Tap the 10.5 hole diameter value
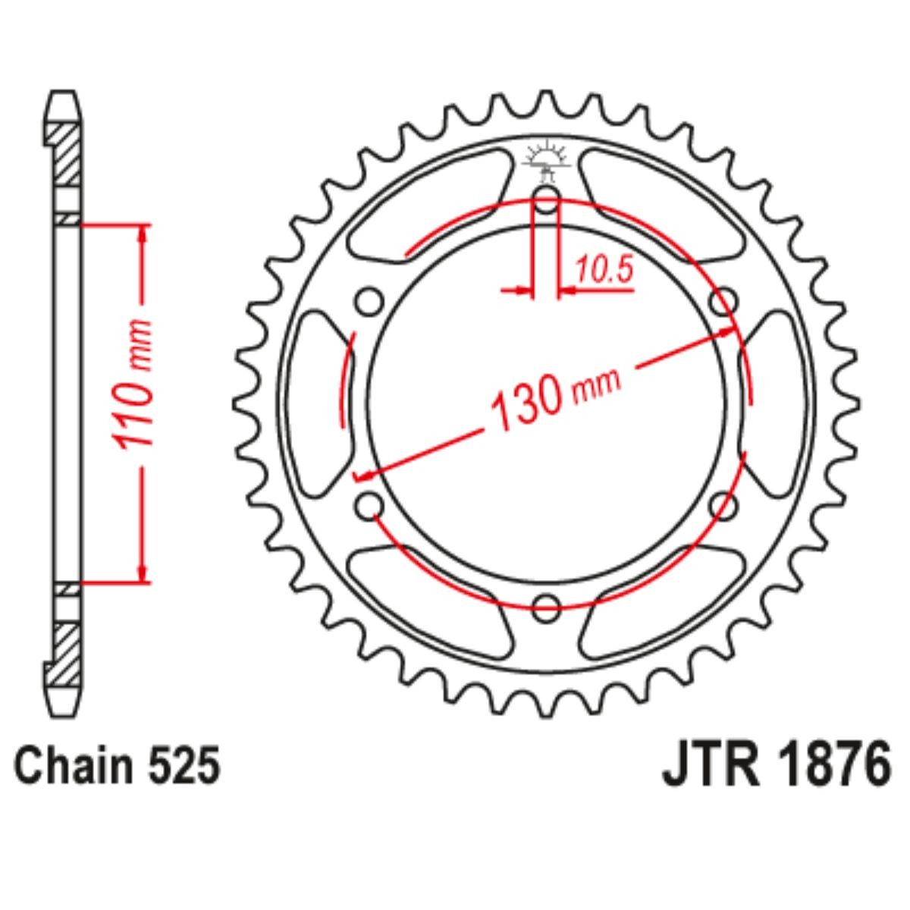coord(604,271)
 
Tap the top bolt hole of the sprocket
coord(546,202)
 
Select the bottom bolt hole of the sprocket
coord(546,606)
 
